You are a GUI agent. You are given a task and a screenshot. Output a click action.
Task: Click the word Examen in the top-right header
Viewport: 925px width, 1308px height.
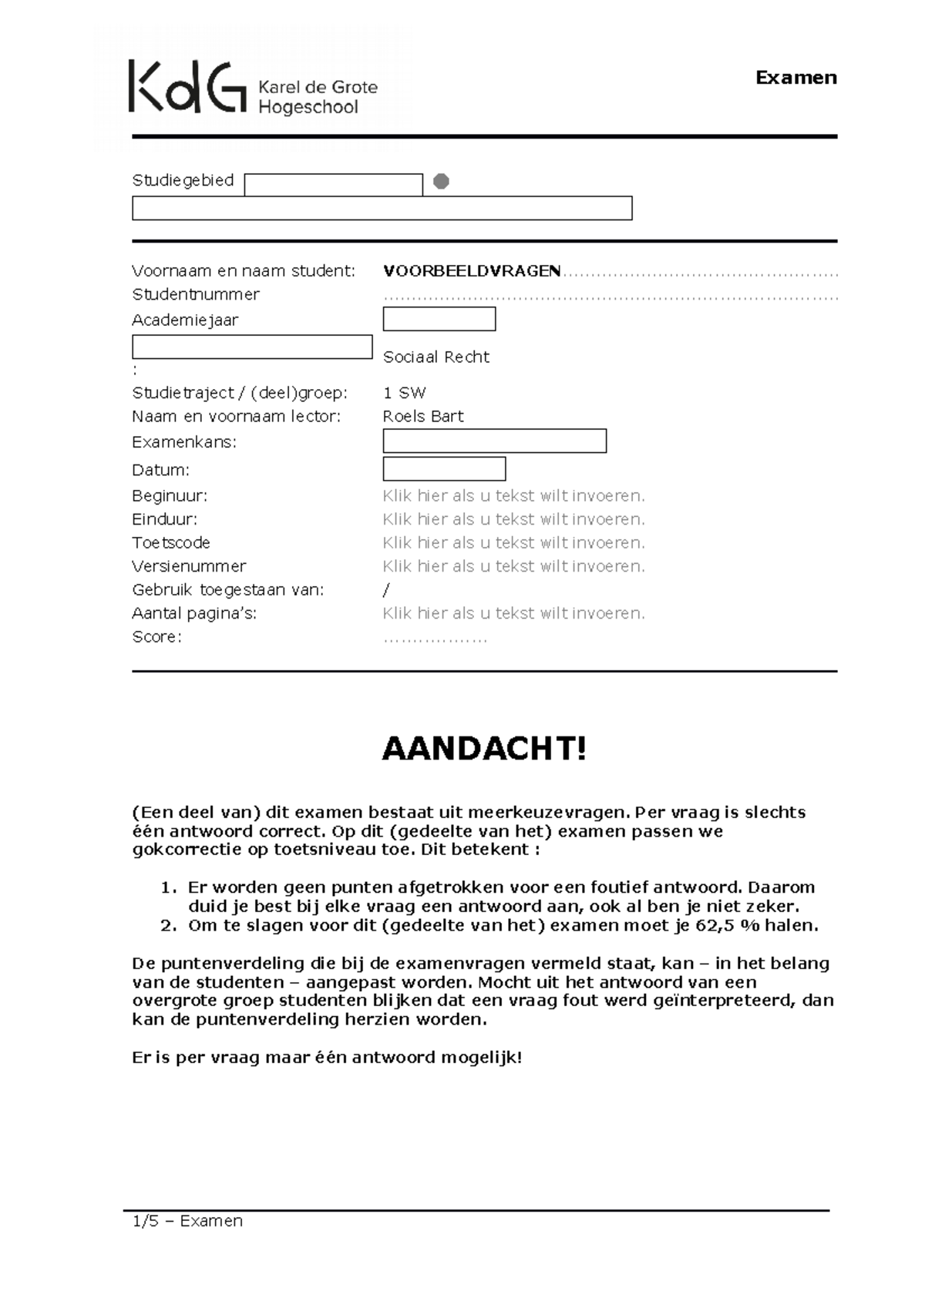pyautogui.click(x=795, y=78)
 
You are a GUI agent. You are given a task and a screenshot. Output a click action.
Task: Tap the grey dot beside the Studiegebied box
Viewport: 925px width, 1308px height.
pyautogui.click(x=441, y=182)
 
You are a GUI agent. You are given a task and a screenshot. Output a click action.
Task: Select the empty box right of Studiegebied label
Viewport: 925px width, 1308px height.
pyautogui.click(x=333, y=185)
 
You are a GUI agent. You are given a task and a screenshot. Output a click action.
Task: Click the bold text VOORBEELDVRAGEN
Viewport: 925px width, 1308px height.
pyautogui.click(x=472, y=271)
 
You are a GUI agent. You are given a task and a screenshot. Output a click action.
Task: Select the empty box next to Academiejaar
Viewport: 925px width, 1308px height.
pyautogui.click(x=439, y=319)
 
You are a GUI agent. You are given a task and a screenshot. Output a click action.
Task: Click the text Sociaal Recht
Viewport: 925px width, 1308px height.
pyautogui.click(x=436, y=357)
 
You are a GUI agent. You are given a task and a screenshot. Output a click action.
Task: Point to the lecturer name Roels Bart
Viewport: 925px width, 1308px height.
pyautogui.click(x=423, y=417)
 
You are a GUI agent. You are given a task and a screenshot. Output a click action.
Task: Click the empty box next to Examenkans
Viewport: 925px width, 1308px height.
pyautogui.click(x=494, y=441)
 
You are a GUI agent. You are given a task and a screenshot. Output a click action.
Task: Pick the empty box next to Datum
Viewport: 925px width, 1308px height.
pyautogui.click(x=444, y=469)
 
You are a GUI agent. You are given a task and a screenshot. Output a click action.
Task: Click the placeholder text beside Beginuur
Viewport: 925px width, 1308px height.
pyautogui.click(x=513, y=496)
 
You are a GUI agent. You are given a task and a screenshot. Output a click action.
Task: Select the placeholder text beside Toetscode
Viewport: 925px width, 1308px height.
pyautogui.click(x=513, y=543)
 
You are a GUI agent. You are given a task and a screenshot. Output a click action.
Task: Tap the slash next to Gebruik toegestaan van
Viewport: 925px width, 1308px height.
pyautogui.click(x=386, y=590)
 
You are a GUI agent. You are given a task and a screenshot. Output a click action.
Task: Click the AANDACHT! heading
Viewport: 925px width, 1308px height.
pyautogui.click(x=484, y=749)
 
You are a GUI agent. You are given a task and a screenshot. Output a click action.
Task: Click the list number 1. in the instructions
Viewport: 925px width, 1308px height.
pyautogui.click(x=169, y=887)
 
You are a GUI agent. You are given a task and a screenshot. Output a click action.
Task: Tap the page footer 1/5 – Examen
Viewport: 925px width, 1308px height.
pyautogui.click(x=187, y=1221)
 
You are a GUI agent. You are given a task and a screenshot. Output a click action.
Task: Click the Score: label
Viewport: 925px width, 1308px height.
pyautogui.click(x=156, y=637)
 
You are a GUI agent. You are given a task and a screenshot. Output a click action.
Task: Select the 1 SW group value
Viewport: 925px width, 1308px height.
pyautogui.click(x=404, y=393)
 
